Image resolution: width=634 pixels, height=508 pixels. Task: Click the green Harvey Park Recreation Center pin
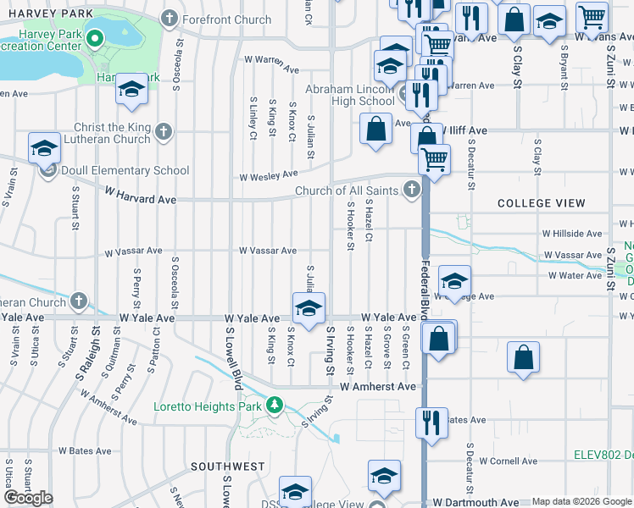tap(95, 37)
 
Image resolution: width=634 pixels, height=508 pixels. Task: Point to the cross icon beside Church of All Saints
tap(412, 190)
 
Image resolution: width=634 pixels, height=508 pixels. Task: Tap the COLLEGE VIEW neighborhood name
tap(541, 203)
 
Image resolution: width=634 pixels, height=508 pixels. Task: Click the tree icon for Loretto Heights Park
tap(274, 406)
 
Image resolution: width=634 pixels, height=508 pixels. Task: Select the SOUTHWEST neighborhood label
tap(228, 467)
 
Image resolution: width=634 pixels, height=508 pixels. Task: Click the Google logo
tap(29, 497)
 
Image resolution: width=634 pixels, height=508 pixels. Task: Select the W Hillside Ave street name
tap(572, 233)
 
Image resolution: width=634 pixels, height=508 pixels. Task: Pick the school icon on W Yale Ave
tap(309, 308)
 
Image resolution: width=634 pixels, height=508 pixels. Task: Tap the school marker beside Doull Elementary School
tap(45, 148)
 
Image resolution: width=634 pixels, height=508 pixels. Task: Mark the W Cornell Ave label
tap(508, 461)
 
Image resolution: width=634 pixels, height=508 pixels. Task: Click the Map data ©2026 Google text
tap(581, 501)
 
